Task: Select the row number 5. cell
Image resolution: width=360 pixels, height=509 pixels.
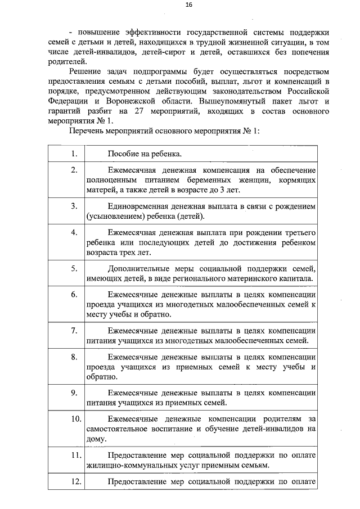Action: point(74,268)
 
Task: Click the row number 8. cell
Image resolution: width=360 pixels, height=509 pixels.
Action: point(74,357)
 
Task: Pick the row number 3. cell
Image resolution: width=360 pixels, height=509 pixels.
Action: point(74,206)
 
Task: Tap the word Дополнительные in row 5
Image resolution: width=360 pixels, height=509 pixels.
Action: point(137,268)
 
